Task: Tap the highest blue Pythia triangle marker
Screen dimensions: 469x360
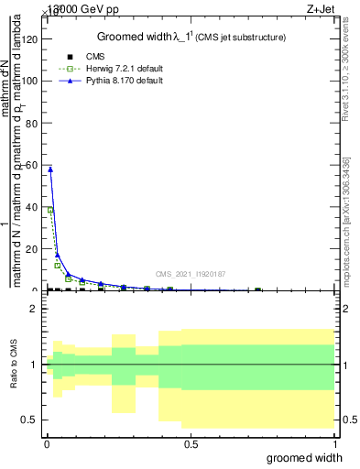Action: (50, 169)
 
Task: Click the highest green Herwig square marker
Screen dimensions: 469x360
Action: (50, 211)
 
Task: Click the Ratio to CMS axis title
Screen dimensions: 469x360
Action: (14, 365)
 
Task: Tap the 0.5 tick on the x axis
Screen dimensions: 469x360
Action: (191, 444)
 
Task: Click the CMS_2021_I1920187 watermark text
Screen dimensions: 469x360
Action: (191, 274)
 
